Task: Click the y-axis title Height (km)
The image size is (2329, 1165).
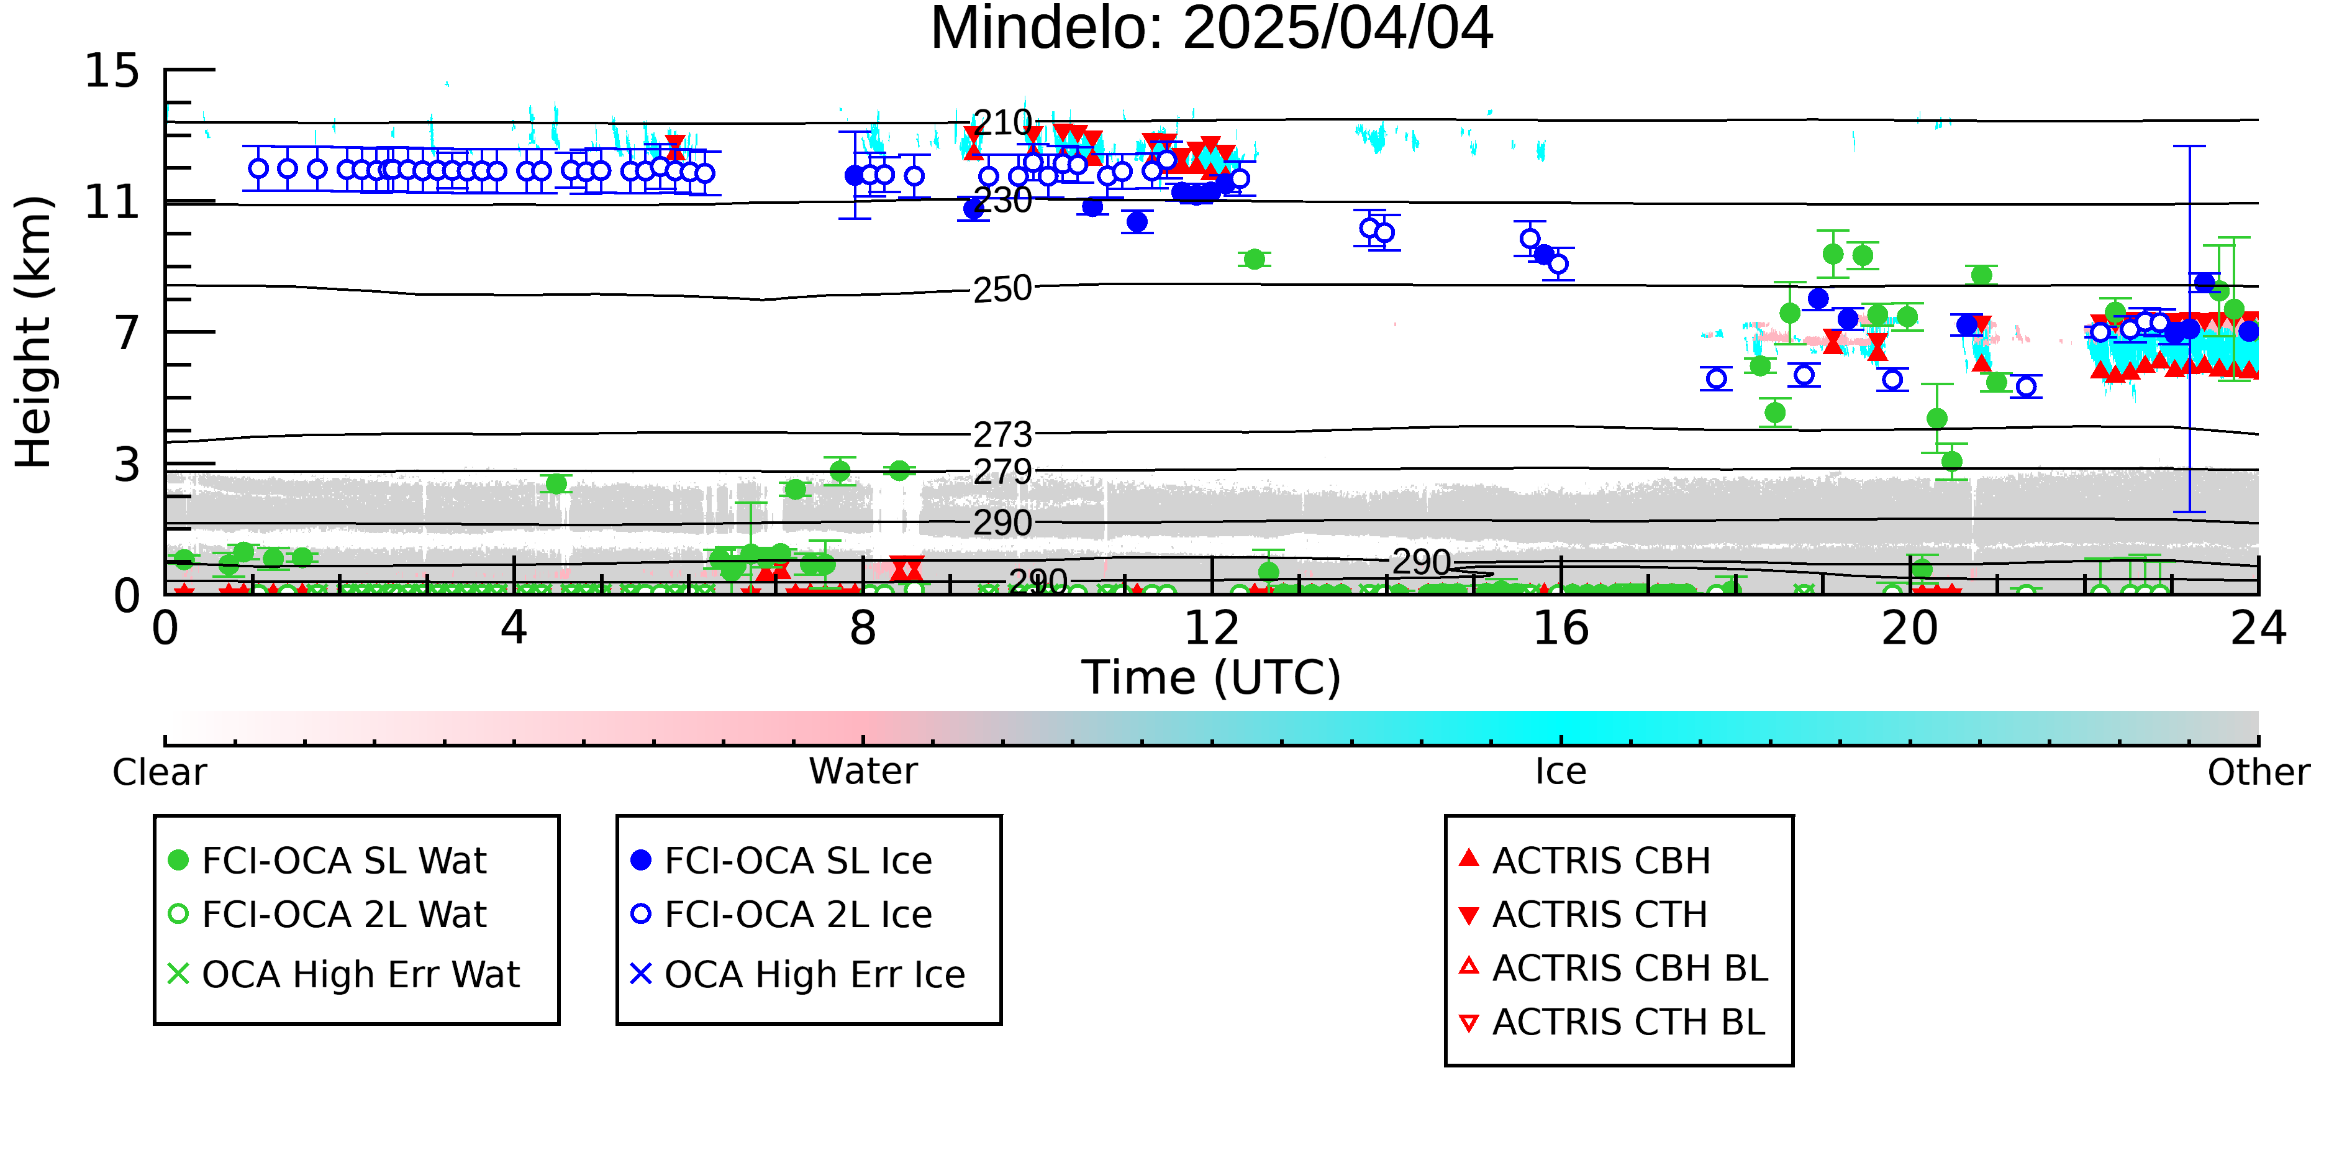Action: pyautogui.click(x=34, y=332)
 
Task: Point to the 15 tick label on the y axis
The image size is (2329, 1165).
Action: pyautogui.click(x=112, y=71)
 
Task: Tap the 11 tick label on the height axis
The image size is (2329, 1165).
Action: pyautogui.click(x=112, y=202)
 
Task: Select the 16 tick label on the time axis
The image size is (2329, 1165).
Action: pyautogui.click(x=1561, y=629)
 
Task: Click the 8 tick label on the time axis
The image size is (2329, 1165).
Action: pyautogui.click(x=863, y=629)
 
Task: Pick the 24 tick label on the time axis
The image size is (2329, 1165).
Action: pyautogui.click(x=2258, y=629)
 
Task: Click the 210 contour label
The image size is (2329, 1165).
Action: pyautogui.click(x=1002, y=122)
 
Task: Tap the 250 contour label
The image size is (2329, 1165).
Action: pyautogui.click(x=1002, y=290)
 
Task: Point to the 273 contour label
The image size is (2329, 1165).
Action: pyautogui.click(x=1002, y=435)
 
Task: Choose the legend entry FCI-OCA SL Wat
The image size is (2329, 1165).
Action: pyautogui.click(x=328, y=860)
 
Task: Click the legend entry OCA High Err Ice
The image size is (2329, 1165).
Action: pyautogui.click(x=798, y=975)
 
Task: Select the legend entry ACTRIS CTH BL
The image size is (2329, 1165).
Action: pyautogui.click(x=1613, y=1022)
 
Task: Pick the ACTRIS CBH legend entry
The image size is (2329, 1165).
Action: pyautogui.click(x=1586, y=860)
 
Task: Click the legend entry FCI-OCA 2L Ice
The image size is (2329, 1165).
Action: pyautogui.click(x=782, y=915)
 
